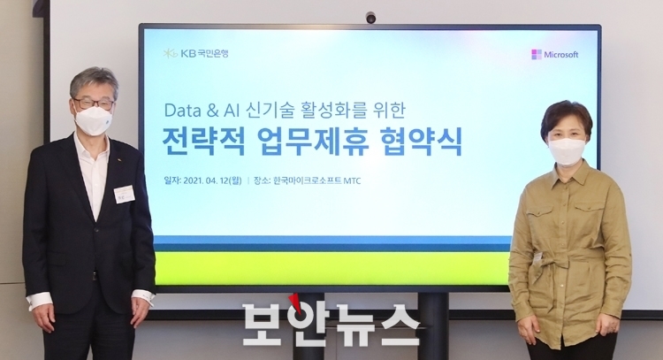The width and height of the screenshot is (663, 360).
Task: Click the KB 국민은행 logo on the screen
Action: coord(195,53)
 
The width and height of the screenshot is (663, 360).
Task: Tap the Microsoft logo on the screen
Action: coord(555,55)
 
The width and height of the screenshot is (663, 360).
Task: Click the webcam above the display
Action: coord(370,18)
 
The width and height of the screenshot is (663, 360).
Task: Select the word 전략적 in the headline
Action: coord(203,142)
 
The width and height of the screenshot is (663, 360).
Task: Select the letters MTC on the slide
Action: coord(352,181)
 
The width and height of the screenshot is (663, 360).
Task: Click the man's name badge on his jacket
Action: coord(125,195)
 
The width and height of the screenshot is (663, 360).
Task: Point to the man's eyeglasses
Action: coord(94,103)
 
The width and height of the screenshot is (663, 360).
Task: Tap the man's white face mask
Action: coord(94,120)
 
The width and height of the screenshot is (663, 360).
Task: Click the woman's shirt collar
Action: coord(568,172)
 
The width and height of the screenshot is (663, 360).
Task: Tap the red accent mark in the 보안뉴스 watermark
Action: coord(298,304)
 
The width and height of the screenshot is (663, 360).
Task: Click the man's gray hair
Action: coord(94,82)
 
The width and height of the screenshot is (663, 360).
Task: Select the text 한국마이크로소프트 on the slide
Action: coord(308,181)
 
